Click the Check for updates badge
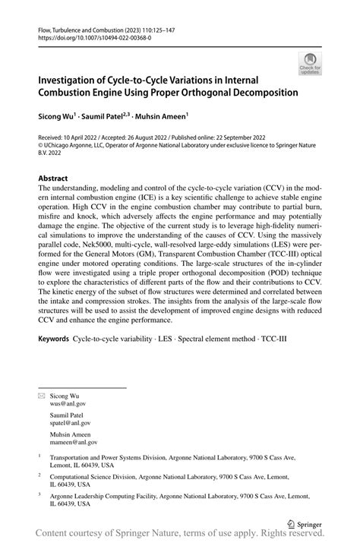click(x=309, y=63)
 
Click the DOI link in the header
click(x=92, y=40)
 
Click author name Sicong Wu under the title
click(x=56, y=116)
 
